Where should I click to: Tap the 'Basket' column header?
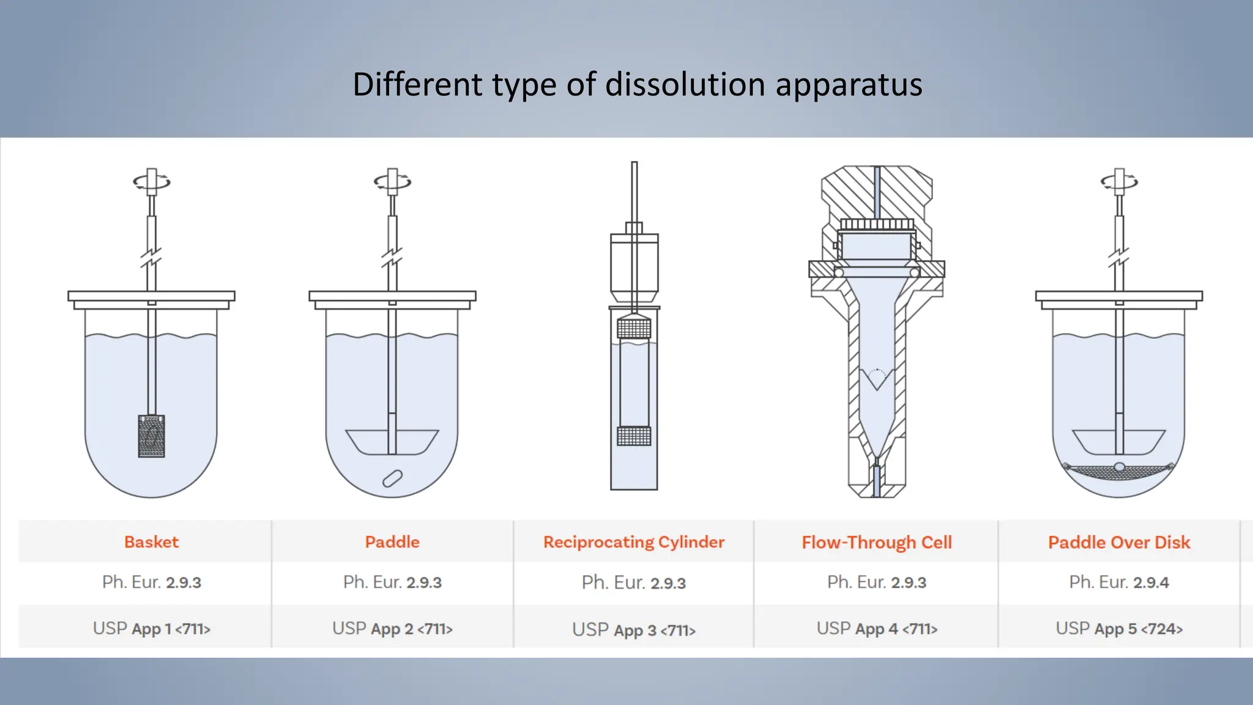(151, 542)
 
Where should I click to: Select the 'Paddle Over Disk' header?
(1118, 542)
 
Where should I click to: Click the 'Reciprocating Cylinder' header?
(633, 542)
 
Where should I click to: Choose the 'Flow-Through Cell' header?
(876, 542)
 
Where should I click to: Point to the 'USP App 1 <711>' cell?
(151, 629)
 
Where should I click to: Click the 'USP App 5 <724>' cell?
(1118, 629)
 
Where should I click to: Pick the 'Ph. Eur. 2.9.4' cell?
(1118, 582)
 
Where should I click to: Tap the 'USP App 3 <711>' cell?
(633, 630)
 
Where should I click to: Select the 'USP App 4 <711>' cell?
(876, 629)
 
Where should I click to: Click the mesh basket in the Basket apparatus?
(151, 436)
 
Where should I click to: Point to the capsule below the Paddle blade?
(392, 479)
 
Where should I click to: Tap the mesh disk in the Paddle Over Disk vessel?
(1118, 471)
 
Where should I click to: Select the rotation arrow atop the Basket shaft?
(151, 182)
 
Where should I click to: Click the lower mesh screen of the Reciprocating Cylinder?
(634, 436)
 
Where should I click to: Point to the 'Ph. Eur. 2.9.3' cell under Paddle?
(392, 582)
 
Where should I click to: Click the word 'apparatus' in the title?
(849, 84)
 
